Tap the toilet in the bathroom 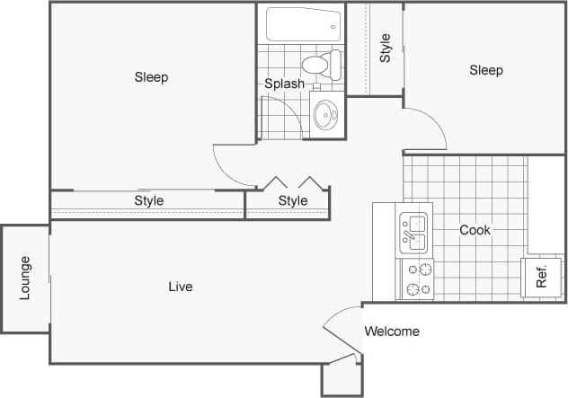pyautogui.click(x=320, y=65)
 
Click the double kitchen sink pyautogui.click(x=414, y=230)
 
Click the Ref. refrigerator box pyautogui.click(x=540, y=278)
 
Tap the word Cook pyautogui.click(x=475, y=230)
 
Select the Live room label pyautogui.click(x=181, y=287)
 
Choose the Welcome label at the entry pyautogui.click(x=392, y=332)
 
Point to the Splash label pyautogui.click(x=284, y=84)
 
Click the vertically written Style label pyautogui.click(x=385, y=48)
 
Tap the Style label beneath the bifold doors pyautogui.click(x=293, y=200)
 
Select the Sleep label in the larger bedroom pyautogui.click(x=151, y=77)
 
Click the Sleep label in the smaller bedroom pyautogui.click(x=486, y=70)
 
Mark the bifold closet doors pyautogui.click(x=288, y=181)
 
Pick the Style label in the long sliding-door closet pyautogui.click(x=149, y=200)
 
